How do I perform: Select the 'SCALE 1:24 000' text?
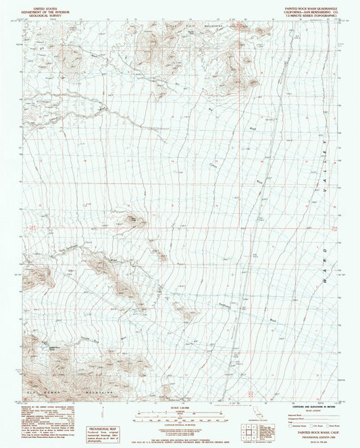click(x=180, y=405)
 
